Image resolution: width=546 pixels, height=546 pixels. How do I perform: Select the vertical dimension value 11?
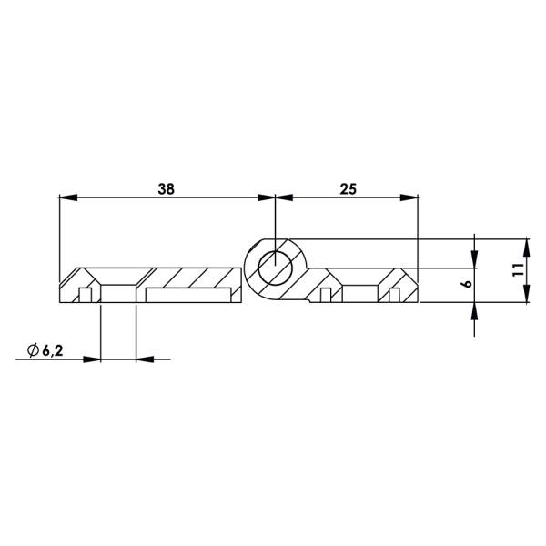click(x=516, y=270)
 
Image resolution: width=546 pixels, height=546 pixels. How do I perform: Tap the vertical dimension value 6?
click(x=465, y=285)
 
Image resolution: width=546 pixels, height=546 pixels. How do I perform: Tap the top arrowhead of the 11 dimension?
click(x=526, y=246)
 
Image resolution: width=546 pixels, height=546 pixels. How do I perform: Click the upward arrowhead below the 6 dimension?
click(x=474, y=310)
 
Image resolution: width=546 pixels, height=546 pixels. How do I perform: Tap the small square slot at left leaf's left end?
click(x=84, y=295)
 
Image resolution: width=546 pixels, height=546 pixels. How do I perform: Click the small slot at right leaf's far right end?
click(x=394, y=295)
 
